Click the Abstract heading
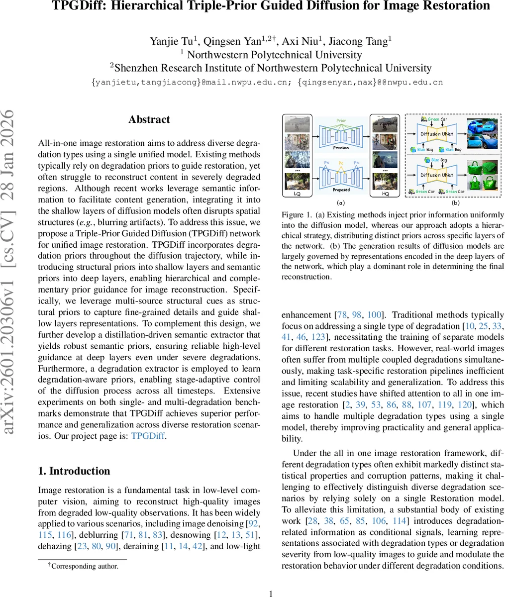coord(149,119)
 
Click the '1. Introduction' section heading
coord(74,471)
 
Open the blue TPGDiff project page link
coord(147,436)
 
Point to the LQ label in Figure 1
coord(297,194)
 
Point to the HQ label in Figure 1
coord(385,194)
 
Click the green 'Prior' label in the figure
coord(341,120)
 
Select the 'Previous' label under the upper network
coord(341,148)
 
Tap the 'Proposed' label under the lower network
coord(341,190)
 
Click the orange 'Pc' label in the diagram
coord(341,163)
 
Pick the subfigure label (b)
coord(455,203)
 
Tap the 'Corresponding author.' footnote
coord(85,566)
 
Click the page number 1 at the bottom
coord(271,593)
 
